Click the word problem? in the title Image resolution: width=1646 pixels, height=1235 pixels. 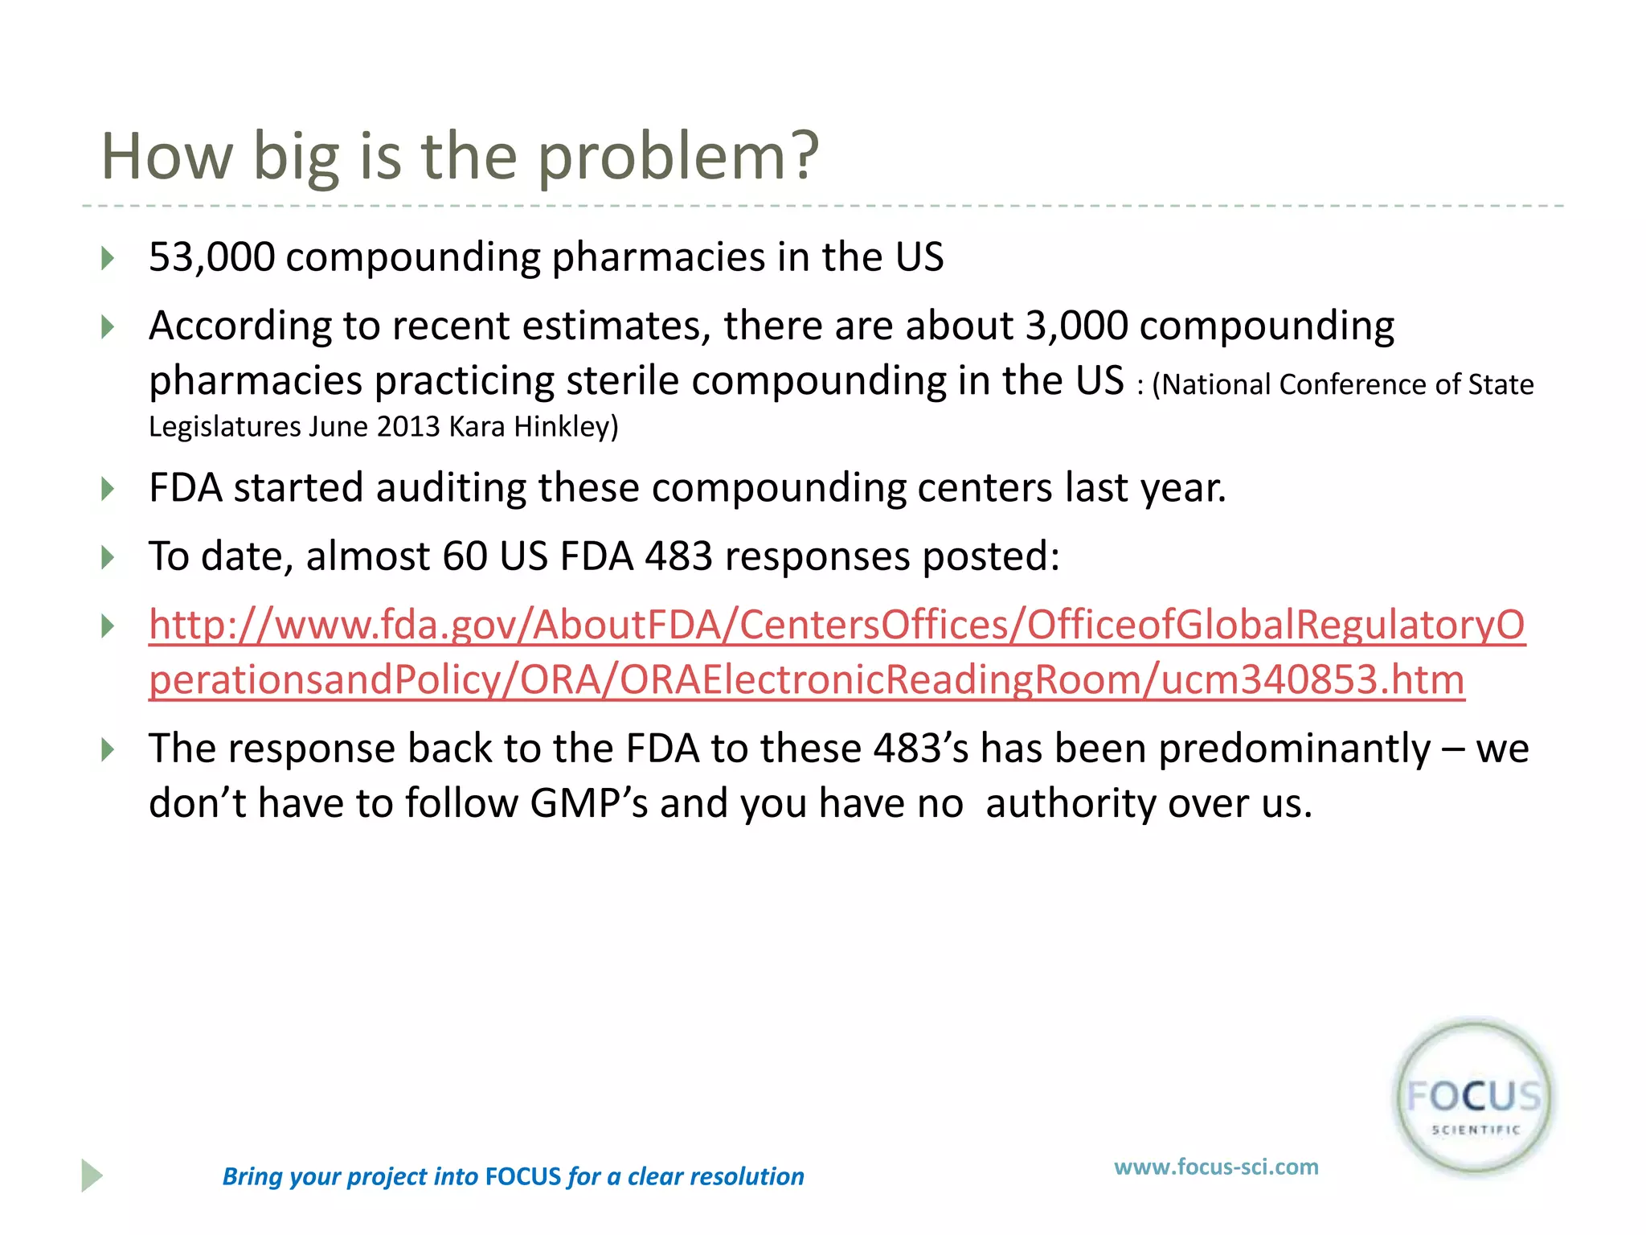(x=678, y=157)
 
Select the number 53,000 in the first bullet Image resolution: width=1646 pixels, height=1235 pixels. (x=211, y=258)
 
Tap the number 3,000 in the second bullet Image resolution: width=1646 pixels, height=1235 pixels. (x=1077, y=326)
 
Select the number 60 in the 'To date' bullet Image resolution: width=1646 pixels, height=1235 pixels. (x=465, y=556)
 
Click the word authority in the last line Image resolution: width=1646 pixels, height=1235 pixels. (x=1071, y=803)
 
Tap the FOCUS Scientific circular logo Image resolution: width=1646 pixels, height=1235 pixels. (x=1474, y=1098)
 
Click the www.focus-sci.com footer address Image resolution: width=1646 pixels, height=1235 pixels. (x=1216, y=1167)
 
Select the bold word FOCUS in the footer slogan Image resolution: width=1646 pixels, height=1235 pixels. (x=523, y=1177)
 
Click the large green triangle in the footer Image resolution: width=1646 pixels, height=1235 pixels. (x=91, y=1176)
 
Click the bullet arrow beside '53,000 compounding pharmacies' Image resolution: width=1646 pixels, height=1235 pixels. (x=108, y=259)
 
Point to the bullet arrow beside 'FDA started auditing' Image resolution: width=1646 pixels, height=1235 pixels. (x=108, y=489)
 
